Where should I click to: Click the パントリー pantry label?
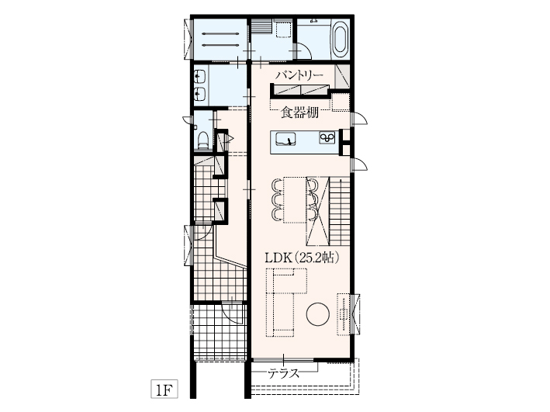pyautogui.click(x=299, y=76)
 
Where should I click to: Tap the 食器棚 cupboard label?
pyautogui.click(x=300, y=113)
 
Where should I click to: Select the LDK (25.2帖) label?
pyautogui.click(x=302, y=258)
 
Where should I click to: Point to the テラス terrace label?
pyautogui.click(x=284, y=373)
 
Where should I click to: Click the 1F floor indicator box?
pyautogui.click(x=164, y=389)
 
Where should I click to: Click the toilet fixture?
pyautogui.click(x=202, y=140)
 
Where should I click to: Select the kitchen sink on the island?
pyautogui.click(x=285, y=139)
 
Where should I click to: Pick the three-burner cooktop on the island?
pyautogui.click(x=327, y=137)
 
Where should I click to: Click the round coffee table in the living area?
pyautogui.click(x=318, y=314)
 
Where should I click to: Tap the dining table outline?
pyautogui.click(x=295, y=199)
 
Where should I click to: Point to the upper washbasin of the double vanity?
pyautogui.click(x=200, y=76)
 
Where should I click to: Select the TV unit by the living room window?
pyautogui.click(x=344, y=314)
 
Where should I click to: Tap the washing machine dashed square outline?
pyautogui.click(x=284, y=29)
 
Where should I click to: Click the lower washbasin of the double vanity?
pyautogui.click(x=200, y=94)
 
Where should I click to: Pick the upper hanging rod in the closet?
pyautogui.click(x=221, y=34)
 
